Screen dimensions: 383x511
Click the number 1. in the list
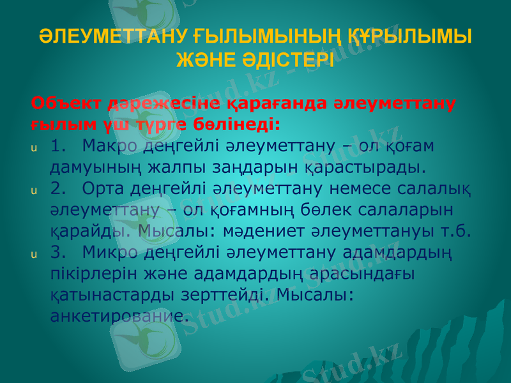coord(60,146)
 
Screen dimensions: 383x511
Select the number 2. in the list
coord(60,188)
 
